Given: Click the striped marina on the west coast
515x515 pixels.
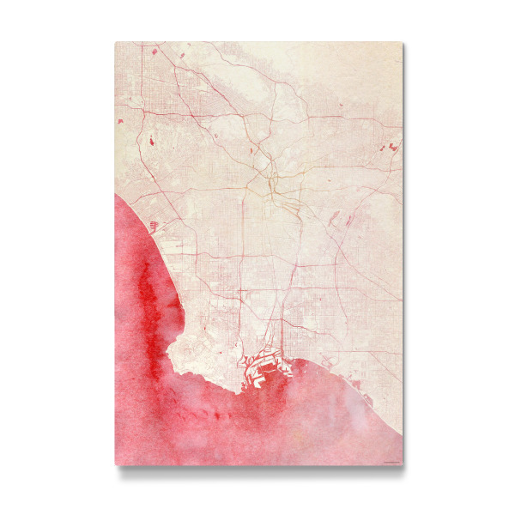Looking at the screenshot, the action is pos(154,225).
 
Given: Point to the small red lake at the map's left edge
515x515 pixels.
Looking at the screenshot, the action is pos(119,121).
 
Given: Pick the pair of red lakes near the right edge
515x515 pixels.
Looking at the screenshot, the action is pos(393,148).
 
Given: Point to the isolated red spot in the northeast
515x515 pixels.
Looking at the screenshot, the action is pos(342,106).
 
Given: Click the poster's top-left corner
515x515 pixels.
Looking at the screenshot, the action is pos(115,42).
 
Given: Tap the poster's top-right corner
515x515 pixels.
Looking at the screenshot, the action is pos(403,42).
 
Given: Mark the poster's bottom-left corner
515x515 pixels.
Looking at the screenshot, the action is pos(115,465).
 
